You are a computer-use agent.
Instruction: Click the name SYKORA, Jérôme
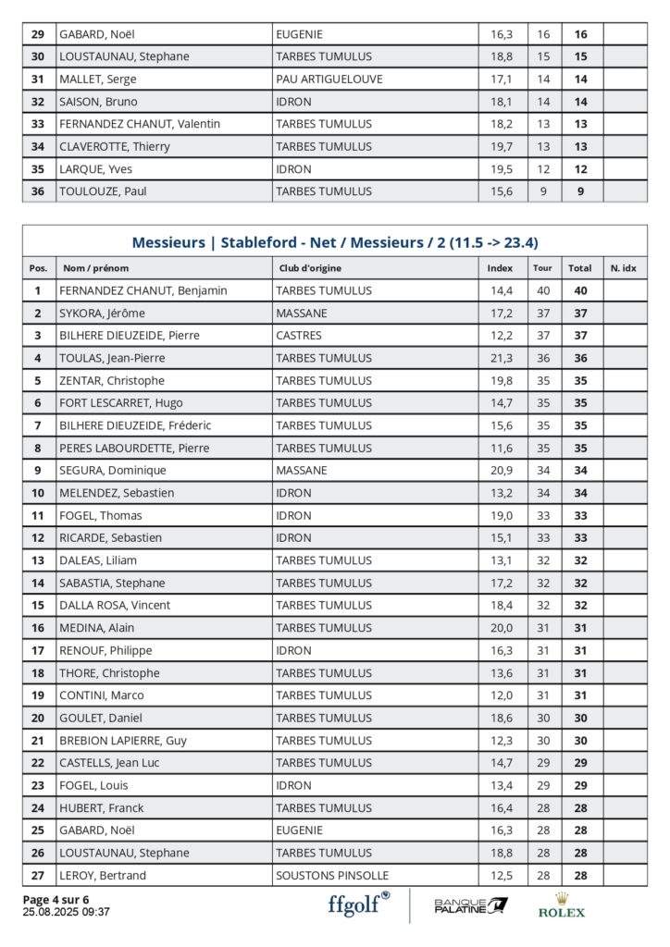102,314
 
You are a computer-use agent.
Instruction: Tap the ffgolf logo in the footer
358,904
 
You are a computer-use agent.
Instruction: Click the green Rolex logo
562,905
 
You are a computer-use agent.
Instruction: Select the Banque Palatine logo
471,904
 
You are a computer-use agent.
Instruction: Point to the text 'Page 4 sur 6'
56,899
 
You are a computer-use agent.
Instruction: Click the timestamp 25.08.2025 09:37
66,912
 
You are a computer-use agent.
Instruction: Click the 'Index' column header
500,268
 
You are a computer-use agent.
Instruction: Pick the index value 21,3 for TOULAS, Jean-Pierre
501,358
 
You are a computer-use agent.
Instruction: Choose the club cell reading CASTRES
299,336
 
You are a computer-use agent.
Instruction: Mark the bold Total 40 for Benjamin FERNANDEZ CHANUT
581,290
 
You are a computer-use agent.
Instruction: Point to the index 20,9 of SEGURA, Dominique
501,471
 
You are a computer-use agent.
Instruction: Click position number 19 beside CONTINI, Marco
38,695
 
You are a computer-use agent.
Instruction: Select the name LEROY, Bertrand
103,875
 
